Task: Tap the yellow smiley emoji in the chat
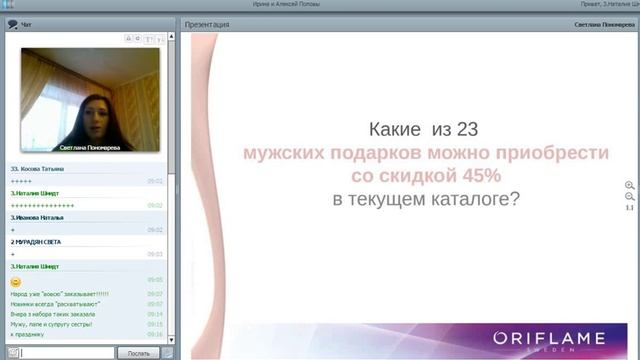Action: tap(15, 281)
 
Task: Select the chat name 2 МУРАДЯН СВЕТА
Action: tap(36, 242)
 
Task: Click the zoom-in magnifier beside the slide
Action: tap(629, 186)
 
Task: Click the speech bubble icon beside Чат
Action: tap(11, 23)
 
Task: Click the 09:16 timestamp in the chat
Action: tap(155, 334)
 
